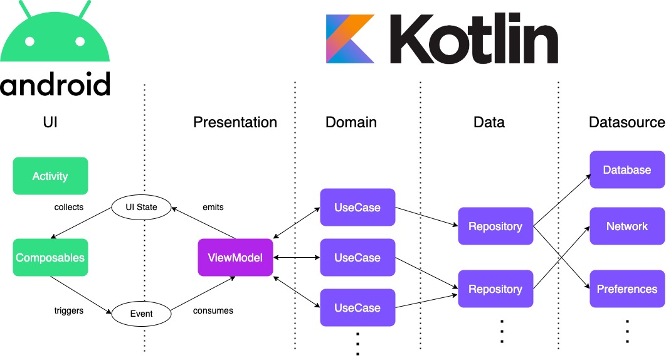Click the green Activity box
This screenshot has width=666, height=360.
tap(50, 176)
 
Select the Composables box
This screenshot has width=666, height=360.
tap(50, 258)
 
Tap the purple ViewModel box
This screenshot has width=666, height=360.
tap(235, 258)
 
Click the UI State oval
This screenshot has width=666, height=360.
tap(142, 208)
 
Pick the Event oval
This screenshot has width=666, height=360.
tap(142, 314)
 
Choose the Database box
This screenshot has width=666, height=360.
tap(627, 169)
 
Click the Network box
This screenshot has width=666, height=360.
tap(627, 226)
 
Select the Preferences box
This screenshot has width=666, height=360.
tap(627, 289)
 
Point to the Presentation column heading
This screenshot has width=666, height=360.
tap(235, 122)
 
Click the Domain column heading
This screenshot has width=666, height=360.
tap(351, 122)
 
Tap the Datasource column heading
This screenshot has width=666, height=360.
tap(627, 122)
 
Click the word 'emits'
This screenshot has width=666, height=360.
tap(213, 208)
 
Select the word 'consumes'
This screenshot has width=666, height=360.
tap(213, 310)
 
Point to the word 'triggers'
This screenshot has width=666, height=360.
tap(69, 310)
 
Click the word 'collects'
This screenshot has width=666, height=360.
tap(69, 208)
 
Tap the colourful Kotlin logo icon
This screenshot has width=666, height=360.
tap(351, 39)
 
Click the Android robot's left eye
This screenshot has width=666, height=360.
tap(29, 41)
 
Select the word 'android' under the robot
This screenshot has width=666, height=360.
tap(55, 83)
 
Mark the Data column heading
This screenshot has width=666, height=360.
tap(489, 122)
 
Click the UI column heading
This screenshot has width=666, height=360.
tap(50, 122)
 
